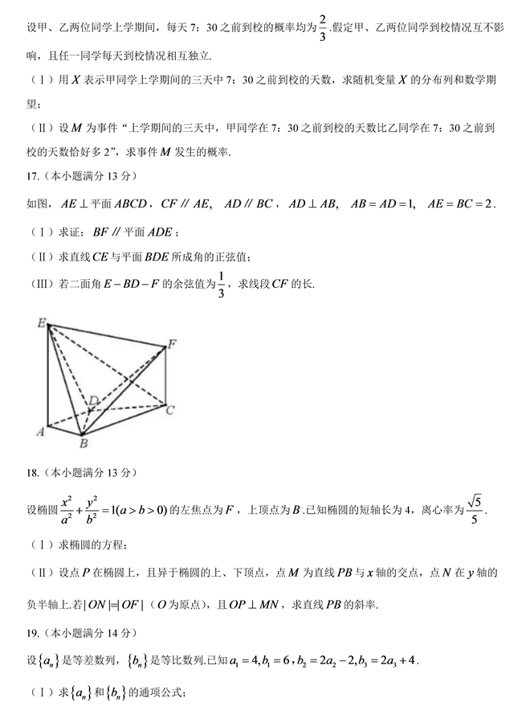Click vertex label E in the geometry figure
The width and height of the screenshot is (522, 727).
point(41,322)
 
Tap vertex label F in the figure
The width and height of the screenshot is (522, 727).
point(171,344)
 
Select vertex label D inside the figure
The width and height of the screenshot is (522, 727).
point(93,400)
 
